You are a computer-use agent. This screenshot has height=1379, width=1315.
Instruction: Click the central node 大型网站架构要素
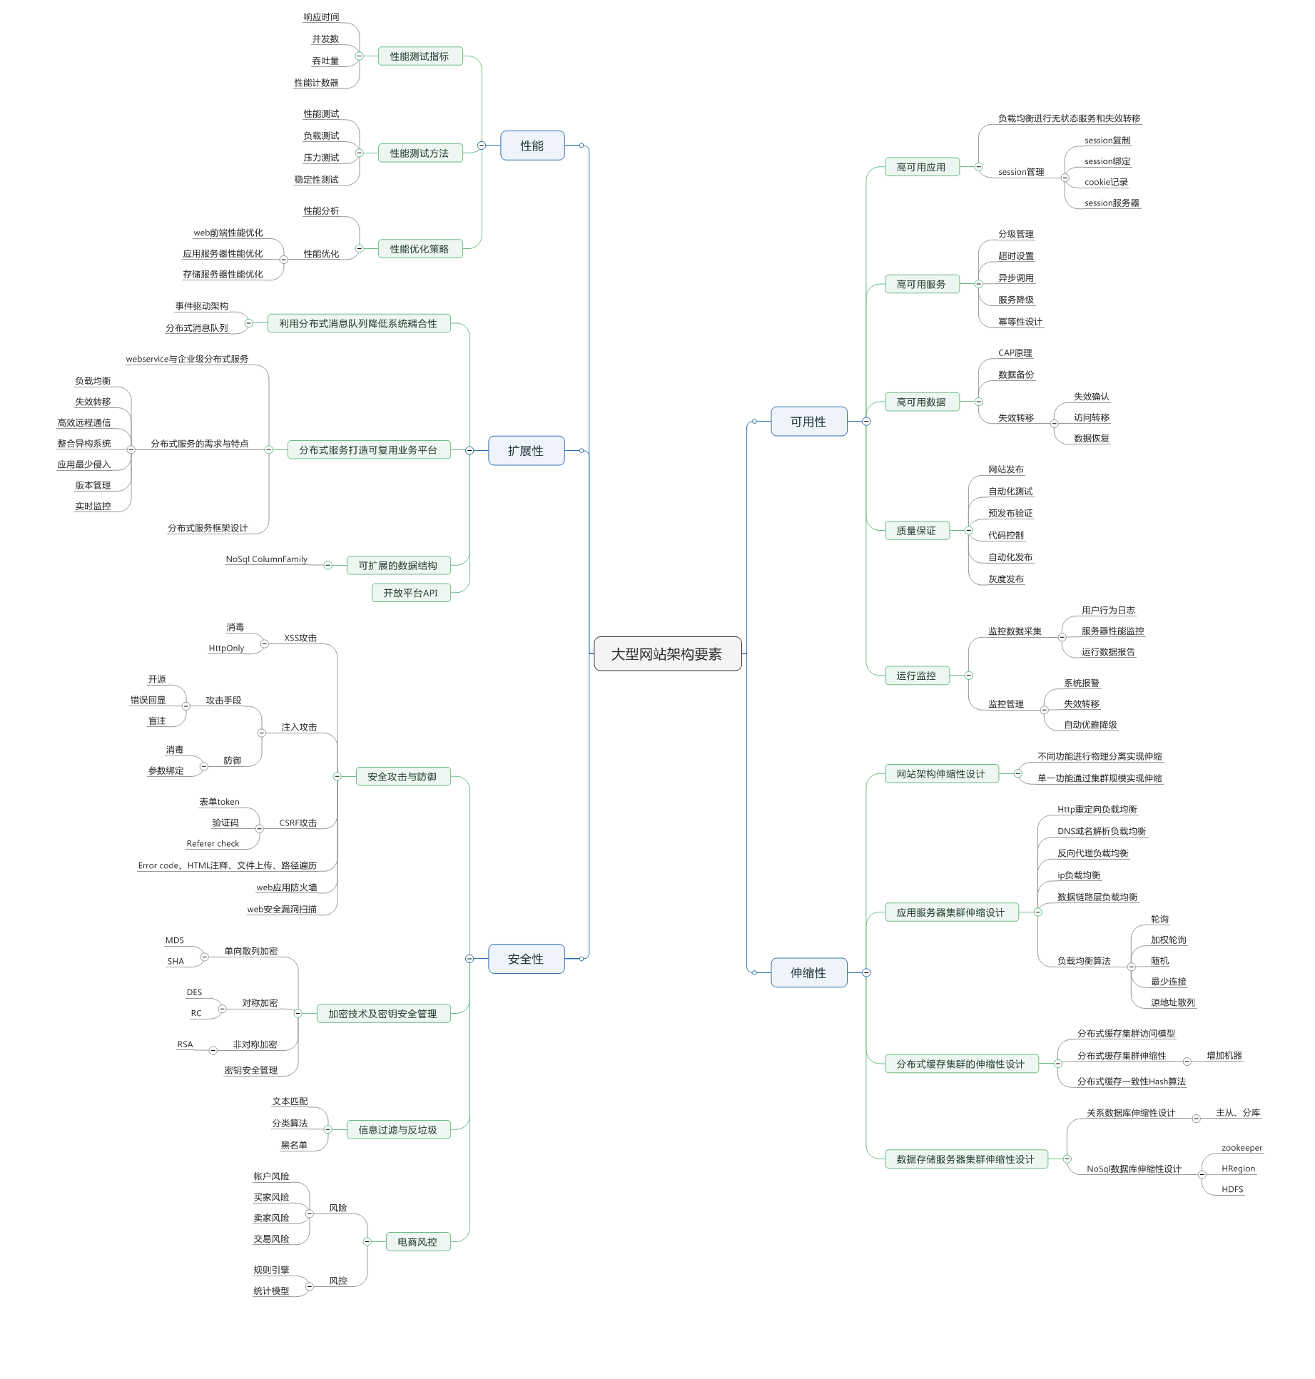(667, 653)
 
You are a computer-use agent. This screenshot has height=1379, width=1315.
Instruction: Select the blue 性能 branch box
(532, 146)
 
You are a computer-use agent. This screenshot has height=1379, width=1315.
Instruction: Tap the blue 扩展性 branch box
(526, 451)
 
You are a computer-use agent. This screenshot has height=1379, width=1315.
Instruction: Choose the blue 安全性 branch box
(526, 959)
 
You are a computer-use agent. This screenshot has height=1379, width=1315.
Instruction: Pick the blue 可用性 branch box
(808, 422)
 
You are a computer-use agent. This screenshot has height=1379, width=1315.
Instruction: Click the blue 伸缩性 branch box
(808, 972)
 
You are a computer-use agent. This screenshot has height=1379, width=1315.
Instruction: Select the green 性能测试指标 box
(420, 56)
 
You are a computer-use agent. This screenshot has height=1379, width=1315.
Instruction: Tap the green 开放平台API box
(411, 593)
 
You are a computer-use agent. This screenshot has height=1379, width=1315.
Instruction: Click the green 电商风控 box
(417, 1242)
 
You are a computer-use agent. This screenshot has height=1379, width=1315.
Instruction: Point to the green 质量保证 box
(916, 531)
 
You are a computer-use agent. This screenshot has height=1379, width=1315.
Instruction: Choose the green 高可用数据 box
(921, 402)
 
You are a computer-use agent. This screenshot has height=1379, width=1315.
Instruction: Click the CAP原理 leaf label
(1015, 353)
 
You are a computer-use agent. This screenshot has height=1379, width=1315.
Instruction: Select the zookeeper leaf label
(1242, 1148)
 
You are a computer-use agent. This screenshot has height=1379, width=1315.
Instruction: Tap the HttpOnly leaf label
(226, 648)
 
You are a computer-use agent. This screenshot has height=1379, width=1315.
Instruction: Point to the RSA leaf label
(185, 1044)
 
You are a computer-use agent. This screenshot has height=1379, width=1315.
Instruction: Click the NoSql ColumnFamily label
(266, 559)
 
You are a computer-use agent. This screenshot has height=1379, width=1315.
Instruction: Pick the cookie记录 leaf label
(1106, 183)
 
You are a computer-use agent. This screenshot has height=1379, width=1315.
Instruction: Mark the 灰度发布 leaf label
(1006, 579)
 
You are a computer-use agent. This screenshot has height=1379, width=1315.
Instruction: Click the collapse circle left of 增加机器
(1187, 1062)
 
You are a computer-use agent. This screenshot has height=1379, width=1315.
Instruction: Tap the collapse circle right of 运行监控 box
(968, 676)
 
